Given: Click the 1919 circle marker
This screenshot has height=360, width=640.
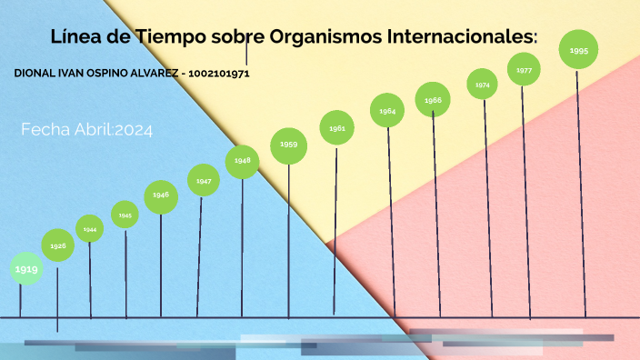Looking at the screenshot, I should click(26, 269).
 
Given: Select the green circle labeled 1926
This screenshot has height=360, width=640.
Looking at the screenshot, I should click(57, 245).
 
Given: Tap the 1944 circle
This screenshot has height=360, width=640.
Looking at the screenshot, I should click(90, 229).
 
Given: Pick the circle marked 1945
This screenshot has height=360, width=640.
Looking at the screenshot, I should click(125, 215).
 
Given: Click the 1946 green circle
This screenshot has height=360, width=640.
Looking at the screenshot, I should click(161, 195).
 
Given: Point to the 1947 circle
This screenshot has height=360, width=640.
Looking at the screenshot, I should click(204, 180).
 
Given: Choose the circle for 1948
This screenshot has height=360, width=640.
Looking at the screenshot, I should click(243, 161).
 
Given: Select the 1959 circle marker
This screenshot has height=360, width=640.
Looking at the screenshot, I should click(289, 145).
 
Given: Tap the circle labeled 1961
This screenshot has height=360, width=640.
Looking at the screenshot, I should click(337, 128).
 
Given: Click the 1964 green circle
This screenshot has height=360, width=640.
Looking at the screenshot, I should click(388, 110).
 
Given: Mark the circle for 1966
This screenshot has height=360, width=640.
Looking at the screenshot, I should click(434, 99).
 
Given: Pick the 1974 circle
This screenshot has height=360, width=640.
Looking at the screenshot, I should click(483, 85).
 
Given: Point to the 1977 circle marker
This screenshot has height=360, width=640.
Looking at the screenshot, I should click(525, 70).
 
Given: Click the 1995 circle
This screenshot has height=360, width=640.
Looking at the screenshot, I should click(578, 50).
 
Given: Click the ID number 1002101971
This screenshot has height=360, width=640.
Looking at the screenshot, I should click(219, 73).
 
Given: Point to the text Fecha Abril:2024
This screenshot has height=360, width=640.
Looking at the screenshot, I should click(87, 130).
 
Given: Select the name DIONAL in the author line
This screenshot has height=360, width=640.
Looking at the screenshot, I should click(35, 73).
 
